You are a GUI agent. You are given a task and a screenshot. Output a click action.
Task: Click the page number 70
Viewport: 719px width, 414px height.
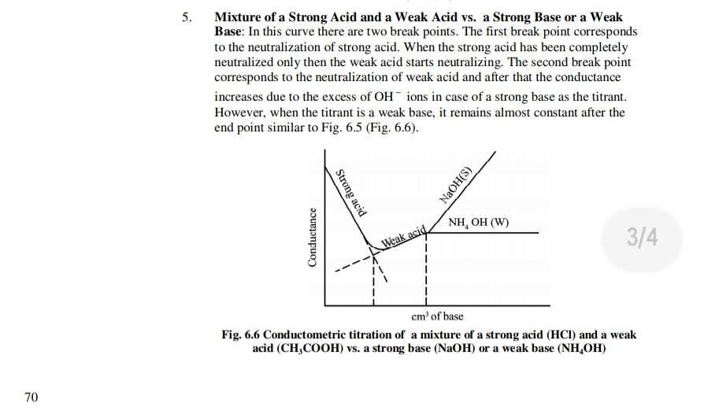pyautogui.click(x=30, y=397)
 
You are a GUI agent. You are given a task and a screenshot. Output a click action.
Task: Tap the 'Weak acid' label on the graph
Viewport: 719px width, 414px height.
pyautogui.click(x=403, y=238)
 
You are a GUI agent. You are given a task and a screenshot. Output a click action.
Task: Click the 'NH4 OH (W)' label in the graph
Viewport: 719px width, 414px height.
pyautogui.click(x=478, y=223)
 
